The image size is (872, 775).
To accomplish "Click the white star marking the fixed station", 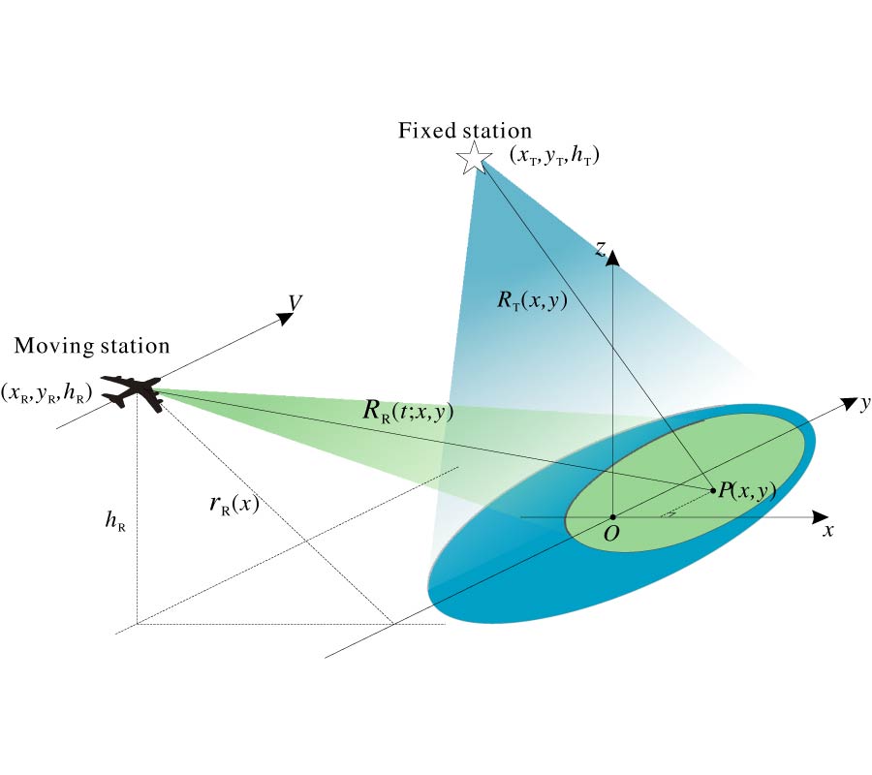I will (475, 157).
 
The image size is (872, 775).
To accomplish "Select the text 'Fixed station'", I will (465, 131).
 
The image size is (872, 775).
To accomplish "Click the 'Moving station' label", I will (92, 346).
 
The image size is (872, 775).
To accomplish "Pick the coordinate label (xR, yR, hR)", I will (47, 391).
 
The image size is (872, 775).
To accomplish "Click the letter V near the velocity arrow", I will (296, 303).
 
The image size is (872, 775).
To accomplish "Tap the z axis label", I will (601, 250).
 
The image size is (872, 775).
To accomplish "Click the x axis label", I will (828, 530).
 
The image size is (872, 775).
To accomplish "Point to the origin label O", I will (611, 534).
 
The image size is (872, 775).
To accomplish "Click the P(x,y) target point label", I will (747, 490).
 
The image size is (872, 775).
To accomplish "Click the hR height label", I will (114, 521).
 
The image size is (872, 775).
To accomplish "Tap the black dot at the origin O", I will (613, 516).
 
